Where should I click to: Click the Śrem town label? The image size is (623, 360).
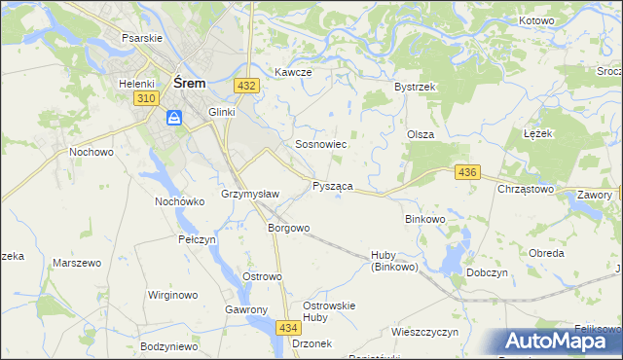pos(188,84)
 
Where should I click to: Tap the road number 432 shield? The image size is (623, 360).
pos(246,87)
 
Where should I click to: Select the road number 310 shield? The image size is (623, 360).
pos(146,99)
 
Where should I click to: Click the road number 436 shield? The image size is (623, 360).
pos(467,172)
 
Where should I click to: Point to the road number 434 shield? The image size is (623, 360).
pos(287,328)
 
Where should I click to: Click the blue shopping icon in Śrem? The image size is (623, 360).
pos(173,119)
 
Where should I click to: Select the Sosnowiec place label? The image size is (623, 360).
pos(321,144)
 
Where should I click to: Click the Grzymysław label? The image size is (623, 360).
pos(250,194)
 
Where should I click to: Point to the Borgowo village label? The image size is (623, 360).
pos(288,229)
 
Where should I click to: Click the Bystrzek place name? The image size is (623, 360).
pos(414,87)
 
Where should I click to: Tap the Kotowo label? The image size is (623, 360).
pos(536,20)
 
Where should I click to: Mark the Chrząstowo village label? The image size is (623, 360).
pos(526,190)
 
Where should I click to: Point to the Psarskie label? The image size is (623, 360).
pos(141,37)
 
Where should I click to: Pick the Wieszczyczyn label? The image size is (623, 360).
pos(424,332)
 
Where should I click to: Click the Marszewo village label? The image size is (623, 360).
pos(77,264)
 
